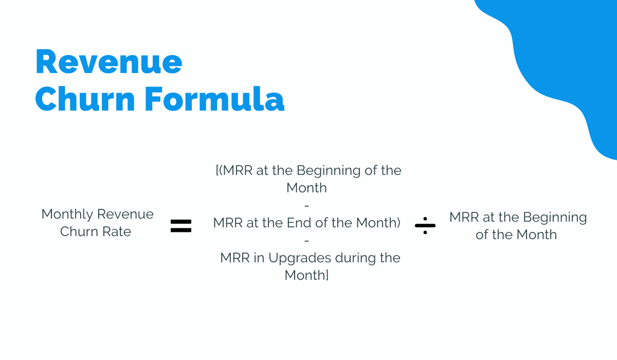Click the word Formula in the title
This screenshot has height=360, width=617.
click(x=214, y=99)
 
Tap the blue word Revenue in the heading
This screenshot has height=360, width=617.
click(x=109, y=62)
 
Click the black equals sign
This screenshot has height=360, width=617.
click(x=181, y=226)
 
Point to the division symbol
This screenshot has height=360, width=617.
click(x=425, y=226)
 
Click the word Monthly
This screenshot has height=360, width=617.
click(x=67, y=214)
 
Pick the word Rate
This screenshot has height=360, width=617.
click(x=117, y=231)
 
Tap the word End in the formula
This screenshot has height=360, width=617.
click(x=299, y=223)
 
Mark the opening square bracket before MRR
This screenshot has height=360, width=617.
click(x=217, y=170)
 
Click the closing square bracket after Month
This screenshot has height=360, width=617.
click(x=327, y=275)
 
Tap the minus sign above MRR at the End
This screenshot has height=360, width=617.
click(x=307, y=206)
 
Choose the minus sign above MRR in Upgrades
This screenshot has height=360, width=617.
click(x=307, y=241)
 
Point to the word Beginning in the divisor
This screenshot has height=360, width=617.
click(x=555, y=218)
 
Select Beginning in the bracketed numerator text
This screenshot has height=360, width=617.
click(x=329, y=171)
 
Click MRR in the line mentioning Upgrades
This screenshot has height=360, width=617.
click(x=235, y=258)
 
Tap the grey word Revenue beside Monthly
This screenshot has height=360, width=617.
click(x=125, y=214)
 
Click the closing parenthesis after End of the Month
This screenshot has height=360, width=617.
click(x=398, y=223)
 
